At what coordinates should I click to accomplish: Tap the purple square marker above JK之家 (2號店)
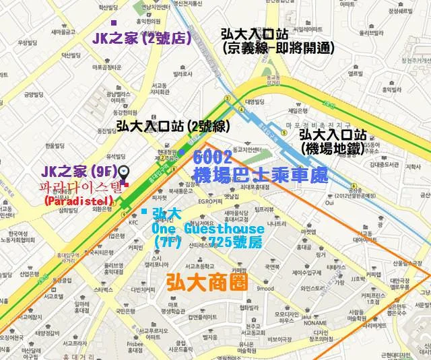coord(113,22)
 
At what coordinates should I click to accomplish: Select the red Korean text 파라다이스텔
coord(81,186)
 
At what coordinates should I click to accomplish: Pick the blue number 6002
coord(212,157)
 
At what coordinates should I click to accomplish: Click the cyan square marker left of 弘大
coord(143,211)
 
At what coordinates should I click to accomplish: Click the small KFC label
coord(133,223)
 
